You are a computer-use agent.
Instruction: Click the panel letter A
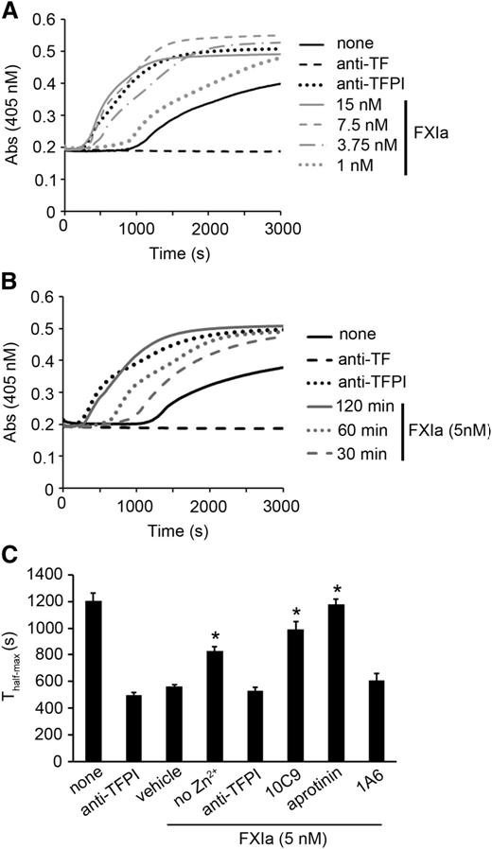pos(10,10)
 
